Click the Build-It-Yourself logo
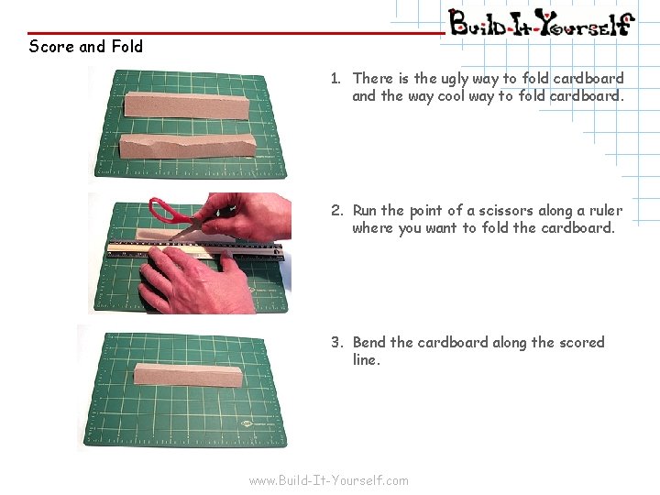(x=540, y=21)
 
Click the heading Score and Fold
(x=85, y=46)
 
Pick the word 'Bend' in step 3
(x=369, y=343)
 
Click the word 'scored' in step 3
(x=581, y=343)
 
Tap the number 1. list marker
(x=336, y=79)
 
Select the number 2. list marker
(x=336, y=211)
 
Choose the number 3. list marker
(x=336, y=343)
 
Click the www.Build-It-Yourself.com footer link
(x=329, y=480)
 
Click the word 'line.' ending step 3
(x=367, y=360)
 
